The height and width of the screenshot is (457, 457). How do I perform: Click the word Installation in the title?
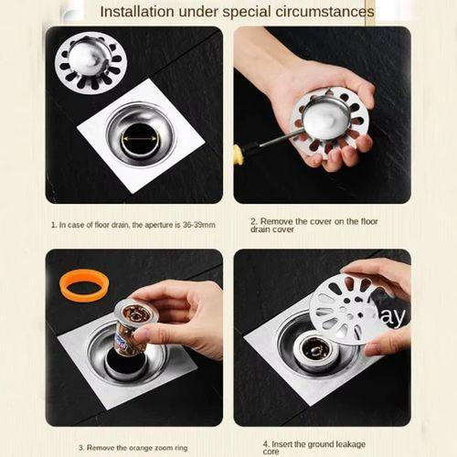[x=137, y=12]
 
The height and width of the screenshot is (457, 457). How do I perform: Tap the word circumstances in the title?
[x=324, y=12]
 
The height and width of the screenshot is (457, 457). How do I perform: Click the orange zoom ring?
[x=84, y=287]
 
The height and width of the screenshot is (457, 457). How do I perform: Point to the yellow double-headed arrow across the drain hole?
[x=140, y=139]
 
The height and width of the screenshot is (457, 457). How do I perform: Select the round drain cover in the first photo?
[x=90, y=62]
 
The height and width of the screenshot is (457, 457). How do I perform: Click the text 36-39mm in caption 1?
[x=199, y=225]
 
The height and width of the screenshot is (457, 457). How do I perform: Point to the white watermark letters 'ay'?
[x=391, y=317]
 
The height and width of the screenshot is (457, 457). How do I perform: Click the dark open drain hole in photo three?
[x=122, y=364]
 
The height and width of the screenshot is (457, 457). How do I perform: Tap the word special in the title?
[x=247, y=13]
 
